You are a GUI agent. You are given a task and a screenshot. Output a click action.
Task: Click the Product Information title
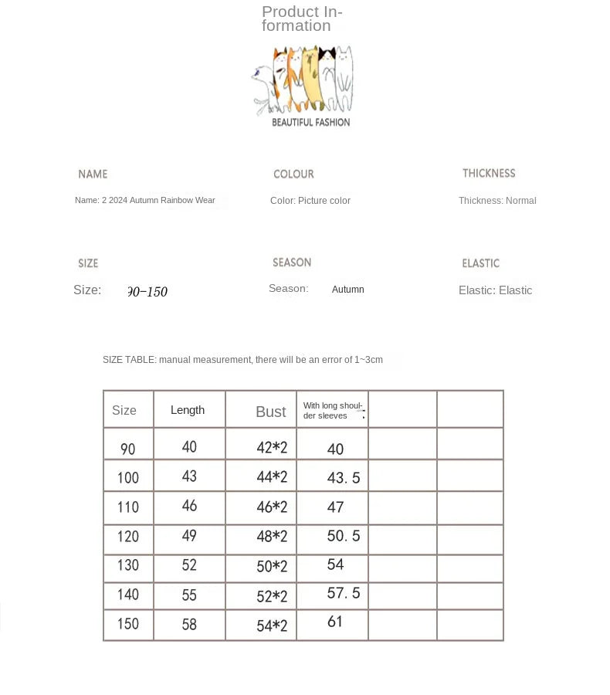tap(302, 19)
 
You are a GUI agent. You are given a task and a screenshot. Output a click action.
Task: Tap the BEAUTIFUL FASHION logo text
tap(310, 122)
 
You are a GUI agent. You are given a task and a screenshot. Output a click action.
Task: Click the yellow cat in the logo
tap(311, 77)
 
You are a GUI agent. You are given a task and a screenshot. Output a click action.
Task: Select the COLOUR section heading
tap(293, 175)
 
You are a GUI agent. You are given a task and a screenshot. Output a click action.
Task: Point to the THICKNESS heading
tap(489, 174)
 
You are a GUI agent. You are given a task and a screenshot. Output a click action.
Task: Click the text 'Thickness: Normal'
tap(497, 201)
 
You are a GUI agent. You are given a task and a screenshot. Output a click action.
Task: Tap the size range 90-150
tap(147, 292)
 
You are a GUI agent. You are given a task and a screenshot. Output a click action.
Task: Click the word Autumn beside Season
tap(347, 290)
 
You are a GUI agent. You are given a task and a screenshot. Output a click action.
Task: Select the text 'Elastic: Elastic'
tap(495, 290)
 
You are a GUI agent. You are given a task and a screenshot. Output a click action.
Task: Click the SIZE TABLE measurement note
tap(242, 360)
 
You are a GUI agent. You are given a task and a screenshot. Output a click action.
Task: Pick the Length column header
tap(188, 410)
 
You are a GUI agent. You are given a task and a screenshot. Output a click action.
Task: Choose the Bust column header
tap(270, 412)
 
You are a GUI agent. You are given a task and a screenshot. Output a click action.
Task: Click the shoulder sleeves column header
tap(332, 411)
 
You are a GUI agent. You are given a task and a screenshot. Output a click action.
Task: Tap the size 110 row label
tap(128, 507)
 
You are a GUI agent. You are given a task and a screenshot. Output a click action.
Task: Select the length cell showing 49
tap(189, 536)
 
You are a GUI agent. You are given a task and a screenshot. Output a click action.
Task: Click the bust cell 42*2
tap(272, 448)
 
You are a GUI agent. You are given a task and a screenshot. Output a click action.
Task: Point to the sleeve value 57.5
tap(344, 593)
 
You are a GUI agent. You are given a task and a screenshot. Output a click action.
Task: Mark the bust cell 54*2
tap(272, 626)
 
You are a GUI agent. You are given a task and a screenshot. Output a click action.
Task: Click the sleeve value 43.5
tap(344, 478)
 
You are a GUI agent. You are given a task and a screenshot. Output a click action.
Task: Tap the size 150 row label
tap(128, 624)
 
